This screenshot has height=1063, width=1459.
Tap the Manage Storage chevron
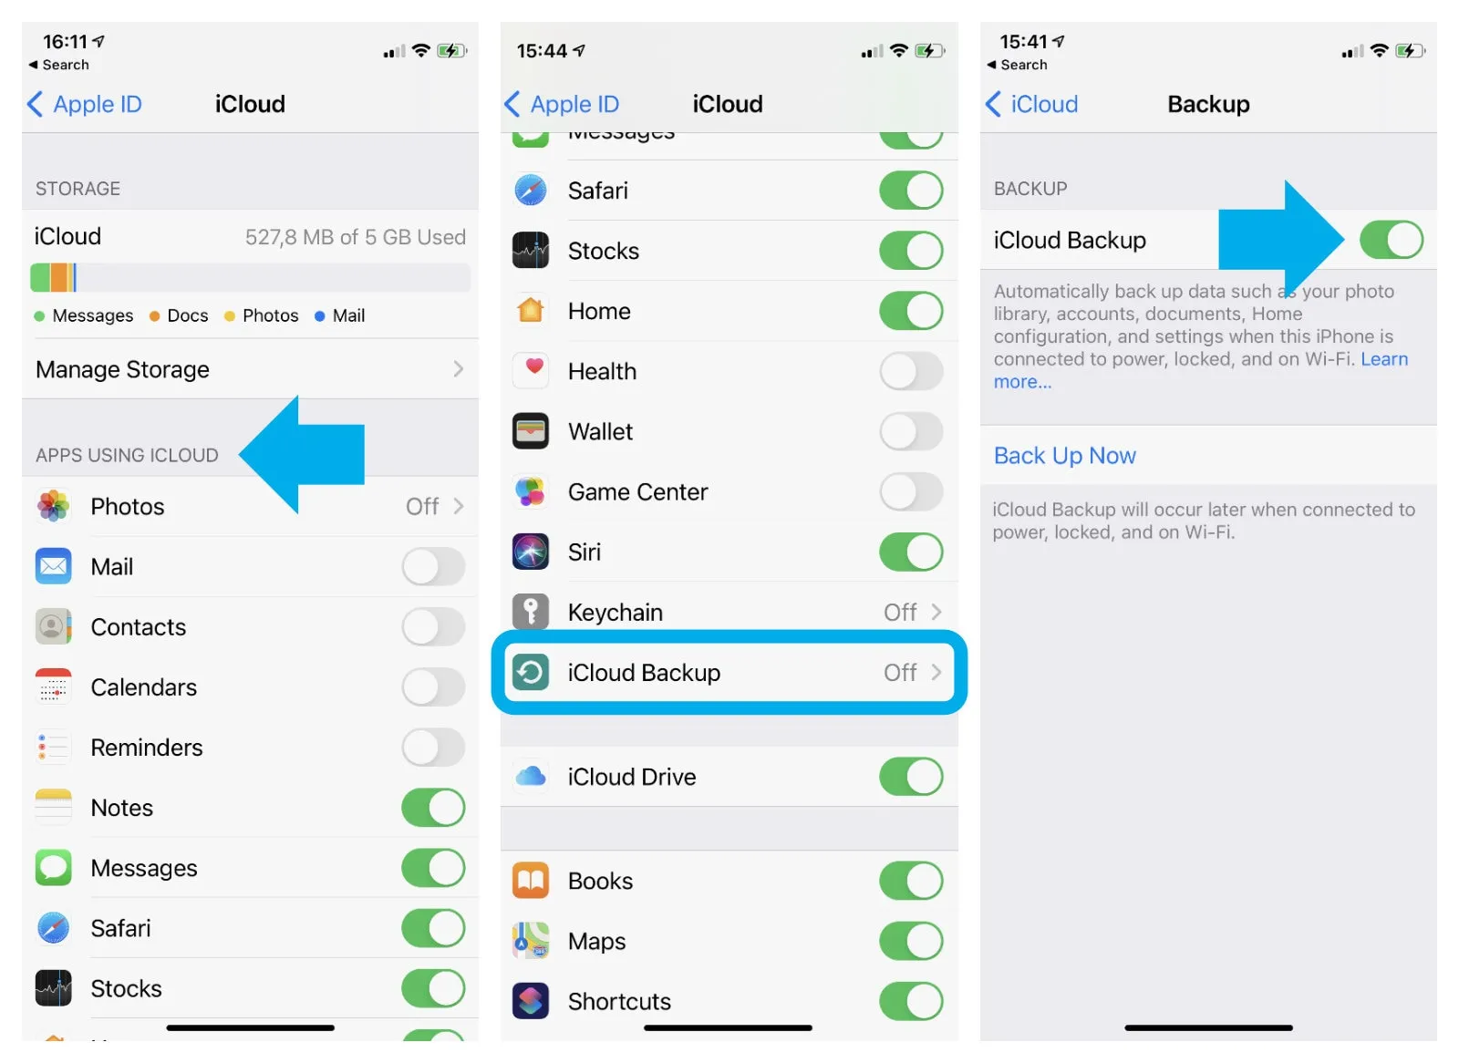[x=459, y=369]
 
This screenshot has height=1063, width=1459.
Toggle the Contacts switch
[x=433, y=627]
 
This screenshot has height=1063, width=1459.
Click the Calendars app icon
[x=54, y=687]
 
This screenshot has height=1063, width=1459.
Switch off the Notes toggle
[x=433, y=808]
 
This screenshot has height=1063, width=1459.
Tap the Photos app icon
[x=54, y=506]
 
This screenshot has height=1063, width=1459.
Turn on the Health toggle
[x=911, y=371]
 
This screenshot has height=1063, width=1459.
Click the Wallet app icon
[x=531, y=431]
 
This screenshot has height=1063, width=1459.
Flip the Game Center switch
[x=911, y=491]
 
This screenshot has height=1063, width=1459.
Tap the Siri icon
[x=531, y=552]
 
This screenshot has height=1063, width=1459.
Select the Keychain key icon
[x=531, y=611]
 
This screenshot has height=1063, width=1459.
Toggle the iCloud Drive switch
[x=911, y=777]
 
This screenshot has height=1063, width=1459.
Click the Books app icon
[x=531, y=881]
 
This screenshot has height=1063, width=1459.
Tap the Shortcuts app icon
[x=531, y=1001]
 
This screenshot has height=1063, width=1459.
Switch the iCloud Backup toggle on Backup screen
[x=1392, y=240]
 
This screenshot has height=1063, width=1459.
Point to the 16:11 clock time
[x=65, y=42]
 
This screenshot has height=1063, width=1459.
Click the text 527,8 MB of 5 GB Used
[x=356, y=237]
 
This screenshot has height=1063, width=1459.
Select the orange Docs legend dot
[x=154, y=316]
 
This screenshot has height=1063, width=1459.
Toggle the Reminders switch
[x=433, y=748]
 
